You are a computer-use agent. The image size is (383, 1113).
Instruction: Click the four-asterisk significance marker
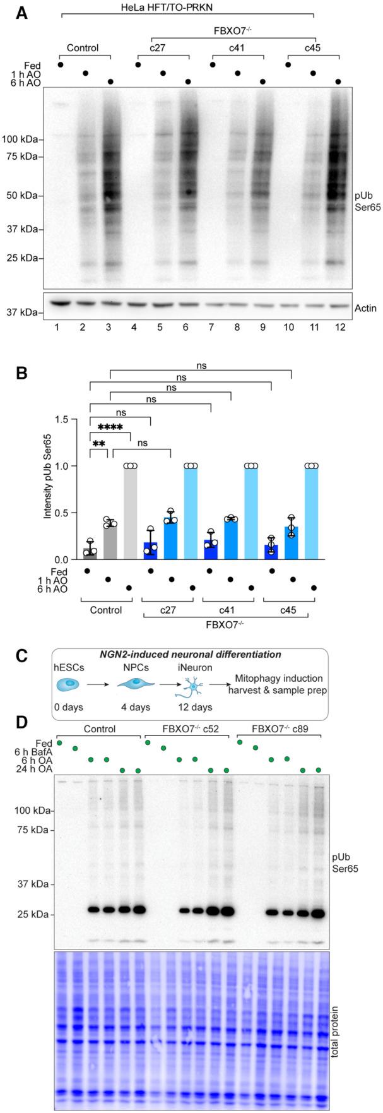[110, 427]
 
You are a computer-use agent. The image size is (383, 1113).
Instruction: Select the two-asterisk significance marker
[99, 444]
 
